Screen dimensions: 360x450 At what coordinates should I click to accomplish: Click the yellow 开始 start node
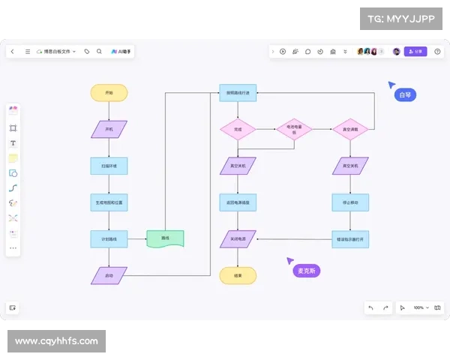[x=109, y=93]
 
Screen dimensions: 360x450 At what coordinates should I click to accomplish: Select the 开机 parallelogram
[x=109, y=129]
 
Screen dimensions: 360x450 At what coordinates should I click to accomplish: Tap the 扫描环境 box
[x=109, y=165]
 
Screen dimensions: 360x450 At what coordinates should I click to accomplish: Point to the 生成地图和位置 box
[x=109, y=202]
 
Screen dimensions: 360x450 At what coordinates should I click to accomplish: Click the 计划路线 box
[x=109, y=239]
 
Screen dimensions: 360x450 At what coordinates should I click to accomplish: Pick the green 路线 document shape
[x=165, y=238]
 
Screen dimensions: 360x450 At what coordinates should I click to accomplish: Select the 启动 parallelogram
[x=109, y=275]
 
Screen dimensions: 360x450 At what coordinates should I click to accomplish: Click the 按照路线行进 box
[x=238, y=93]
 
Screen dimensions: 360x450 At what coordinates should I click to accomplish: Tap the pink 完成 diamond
[x=238, y=129]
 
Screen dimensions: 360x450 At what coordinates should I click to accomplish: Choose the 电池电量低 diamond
[x=293, y=129]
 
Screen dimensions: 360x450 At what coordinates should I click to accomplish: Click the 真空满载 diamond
[x=350, y=129]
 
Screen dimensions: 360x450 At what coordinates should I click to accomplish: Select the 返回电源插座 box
[x=238, y=202]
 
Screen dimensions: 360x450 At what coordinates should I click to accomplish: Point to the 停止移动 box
[x=350, y=202]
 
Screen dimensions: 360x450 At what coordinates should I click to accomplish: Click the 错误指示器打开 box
[x=350, y=239]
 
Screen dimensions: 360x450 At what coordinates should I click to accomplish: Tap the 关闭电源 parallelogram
[x=238, y=239]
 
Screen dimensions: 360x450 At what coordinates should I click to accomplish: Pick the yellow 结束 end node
[x=238, y=275]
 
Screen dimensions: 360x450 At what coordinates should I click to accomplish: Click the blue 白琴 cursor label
[x=405, y=95]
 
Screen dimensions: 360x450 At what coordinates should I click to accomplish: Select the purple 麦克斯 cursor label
[x=306, y=271]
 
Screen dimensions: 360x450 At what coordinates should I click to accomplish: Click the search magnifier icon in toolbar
[x=99, y=52]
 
